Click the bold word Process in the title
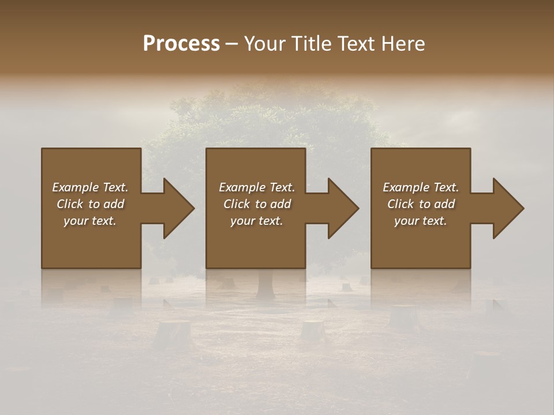click(x=181, y=44)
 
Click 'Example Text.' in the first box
click(x=90, y=187)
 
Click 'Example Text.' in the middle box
click(x=257, y=187)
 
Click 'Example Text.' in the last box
click(x=421, y=187)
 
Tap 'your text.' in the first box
click(x=90, y=221)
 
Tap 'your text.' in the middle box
click(x=257, y=221)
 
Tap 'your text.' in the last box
click(x=421, y=221)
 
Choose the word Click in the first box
click(x=70, y=204)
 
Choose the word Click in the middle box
click(x=237, y=204)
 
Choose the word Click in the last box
click(x=401, y=204)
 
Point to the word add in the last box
click(x=444, y=204)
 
